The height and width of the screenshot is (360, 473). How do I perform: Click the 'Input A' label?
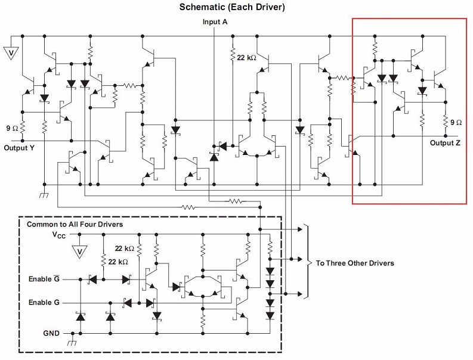[x=215, y=21]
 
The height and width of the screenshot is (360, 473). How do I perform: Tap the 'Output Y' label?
[x=18, y=147]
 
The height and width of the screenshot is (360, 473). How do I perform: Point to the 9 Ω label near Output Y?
[x=12, y=128]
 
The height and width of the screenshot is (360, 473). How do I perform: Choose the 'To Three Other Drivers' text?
[x=355, y=263]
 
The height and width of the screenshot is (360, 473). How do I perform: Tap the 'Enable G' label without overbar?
[x=44, y=303]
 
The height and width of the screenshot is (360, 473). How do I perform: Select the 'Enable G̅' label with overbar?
[x=44, y=278]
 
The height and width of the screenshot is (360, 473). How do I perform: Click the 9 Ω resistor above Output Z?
[x=445, y=122]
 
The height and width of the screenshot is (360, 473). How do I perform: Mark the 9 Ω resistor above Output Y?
[x=22, y=127]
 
